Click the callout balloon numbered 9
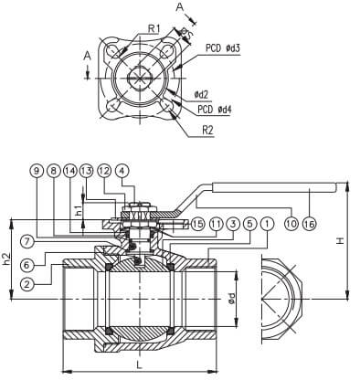(x=37, y=172)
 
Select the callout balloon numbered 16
(x=310, y=224)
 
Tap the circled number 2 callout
(x=27, y=285)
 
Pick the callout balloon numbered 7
(x=27, y=242)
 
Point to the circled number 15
(x=197, y=224)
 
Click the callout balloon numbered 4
(x=122, y=172)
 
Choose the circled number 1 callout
(x=267, y=224)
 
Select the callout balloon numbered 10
(x=291, y=224)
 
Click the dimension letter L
(x=140, y=364)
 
